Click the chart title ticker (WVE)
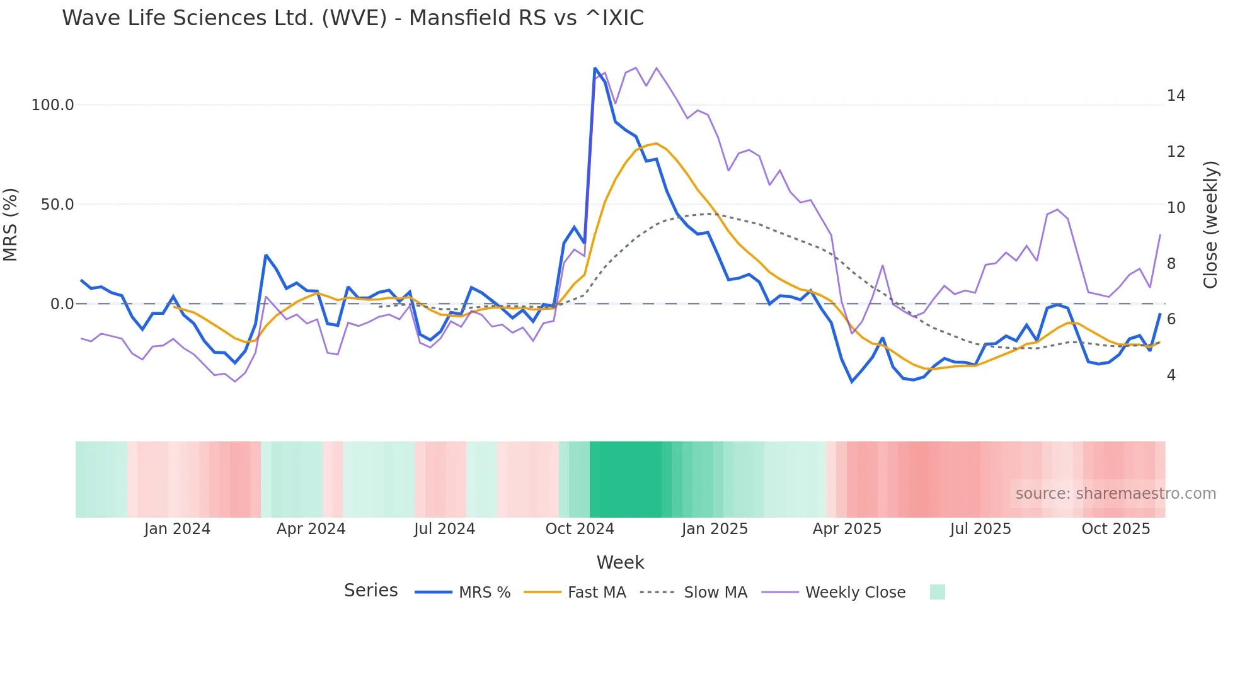354,18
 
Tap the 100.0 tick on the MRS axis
53,105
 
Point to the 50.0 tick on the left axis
57,205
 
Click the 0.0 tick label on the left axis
62,304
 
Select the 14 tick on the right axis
1176,96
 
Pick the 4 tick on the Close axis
1171,375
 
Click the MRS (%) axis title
11,225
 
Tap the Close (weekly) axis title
1210,225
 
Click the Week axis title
620,562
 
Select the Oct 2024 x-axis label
580,529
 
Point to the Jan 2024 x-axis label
177,529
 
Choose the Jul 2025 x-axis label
980,529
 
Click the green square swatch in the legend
937,592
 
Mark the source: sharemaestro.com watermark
1115,494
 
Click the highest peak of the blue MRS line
595,68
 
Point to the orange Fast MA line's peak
656,144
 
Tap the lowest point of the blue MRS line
852,382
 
